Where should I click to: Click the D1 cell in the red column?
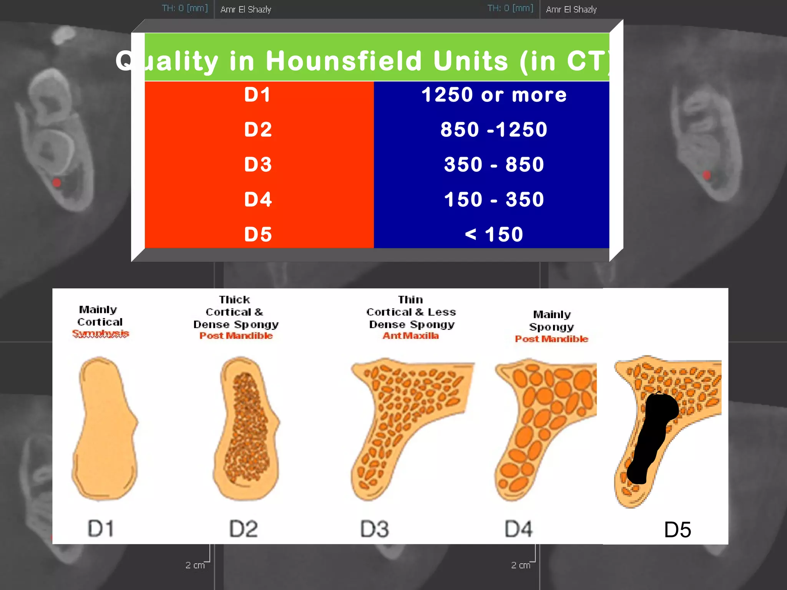(x=258, y=94)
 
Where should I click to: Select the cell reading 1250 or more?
(x=494, y=94)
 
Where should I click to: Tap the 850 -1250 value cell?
(x=494, y=129)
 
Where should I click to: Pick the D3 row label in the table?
(x=258, y=164)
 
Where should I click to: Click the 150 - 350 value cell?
(x=494, y=199)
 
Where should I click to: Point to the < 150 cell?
(x=494, y=234)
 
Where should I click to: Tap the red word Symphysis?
(x=101, y=333)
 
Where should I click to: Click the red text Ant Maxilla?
(x=410, y=336)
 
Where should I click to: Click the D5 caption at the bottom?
(x=677, y=530)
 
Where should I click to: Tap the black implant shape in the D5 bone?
(x=651, y=434)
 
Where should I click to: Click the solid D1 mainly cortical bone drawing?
(x=105, y=426)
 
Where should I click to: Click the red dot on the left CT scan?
(x=57, y=182)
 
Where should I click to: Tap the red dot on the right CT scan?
(x=706, y=175)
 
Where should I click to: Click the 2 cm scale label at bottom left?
(x=195, y=565)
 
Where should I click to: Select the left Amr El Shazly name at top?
(x=246, y=9)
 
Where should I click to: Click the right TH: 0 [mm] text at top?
(x=510, y=8)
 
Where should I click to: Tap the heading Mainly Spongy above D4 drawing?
(x=552, y=320)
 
